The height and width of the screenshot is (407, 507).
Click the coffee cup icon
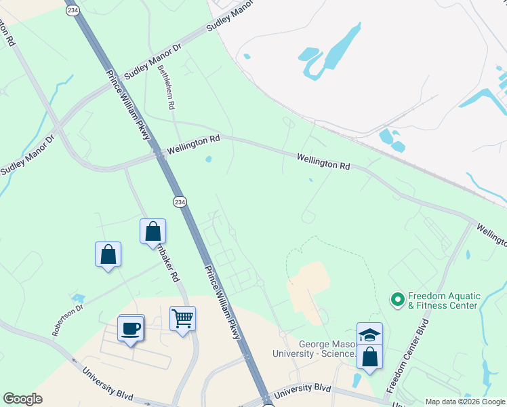tap(131, 328)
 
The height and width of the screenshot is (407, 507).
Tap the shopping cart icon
tap(182, 317)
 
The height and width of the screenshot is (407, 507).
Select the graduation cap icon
tap(369, 335)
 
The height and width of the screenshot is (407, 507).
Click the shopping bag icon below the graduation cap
tap(369, 357)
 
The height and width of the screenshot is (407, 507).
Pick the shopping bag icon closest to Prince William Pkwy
tap(153, 231)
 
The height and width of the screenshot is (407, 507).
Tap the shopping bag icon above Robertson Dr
tap(108, 254)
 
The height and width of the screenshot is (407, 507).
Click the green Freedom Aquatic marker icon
tap(397, 298)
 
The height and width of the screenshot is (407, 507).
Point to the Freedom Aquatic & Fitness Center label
tap(443, 301)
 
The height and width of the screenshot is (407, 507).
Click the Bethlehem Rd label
tap(166, 88)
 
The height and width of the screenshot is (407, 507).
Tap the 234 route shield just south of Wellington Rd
tap(179, 202)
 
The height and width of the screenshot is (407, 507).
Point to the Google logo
tap(22, 399)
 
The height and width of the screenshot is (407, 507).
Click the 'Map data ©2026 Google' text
tap(465, 402)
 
